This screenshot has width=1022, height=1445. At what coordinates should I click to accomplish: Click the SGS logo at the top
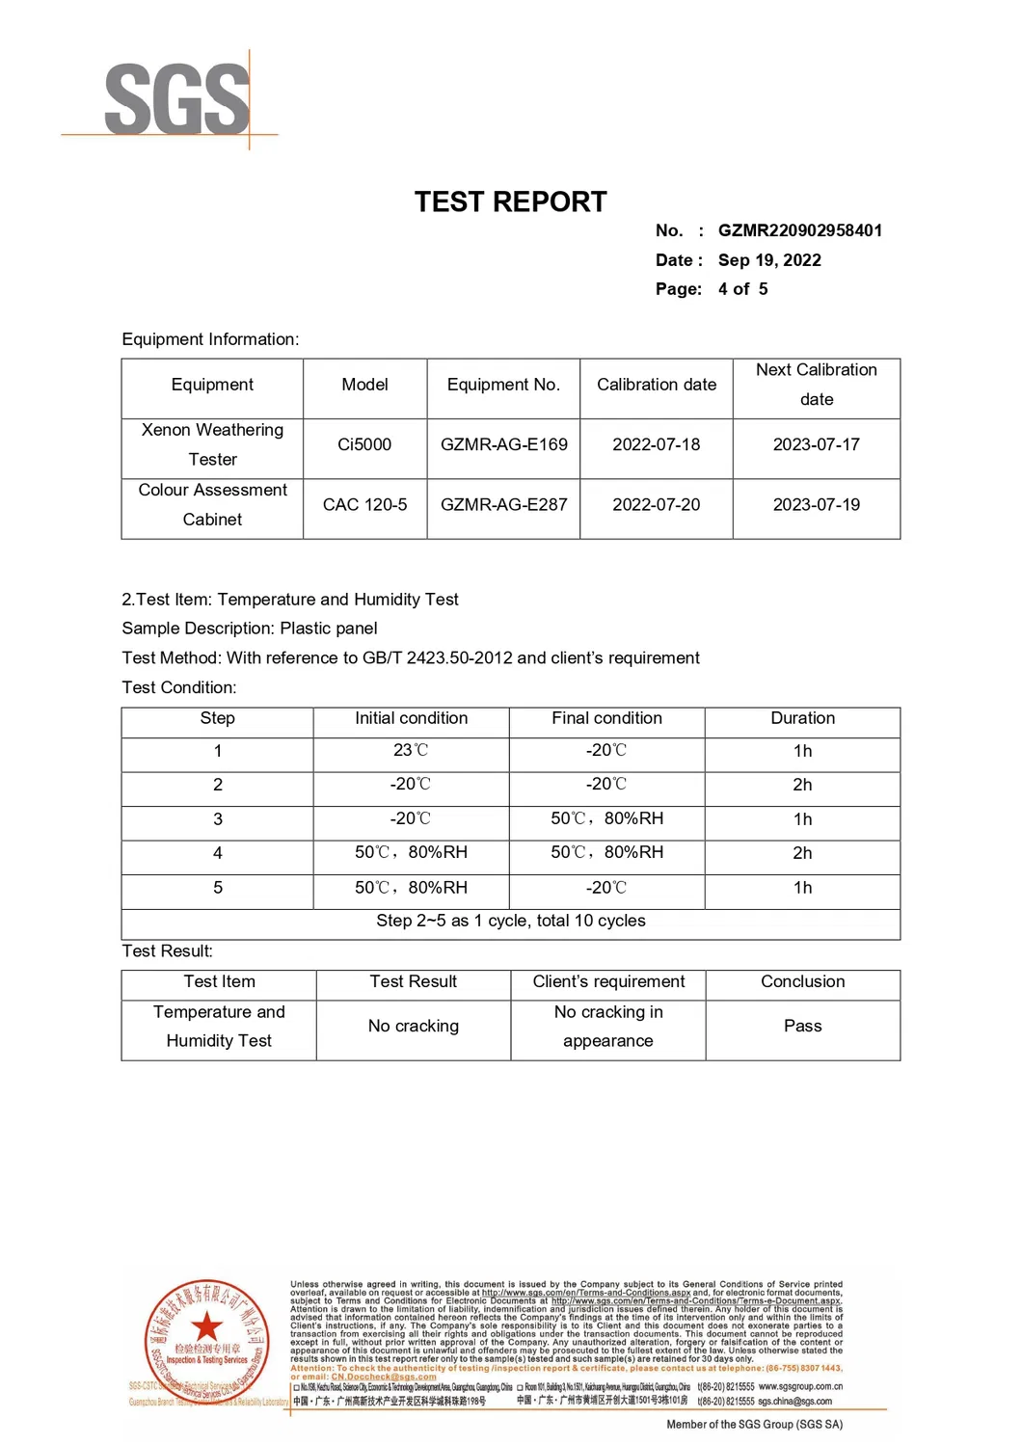[x=176, y=99]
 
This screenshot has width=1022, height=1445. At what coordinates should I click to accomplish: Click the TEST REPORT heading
[x=510, y=201]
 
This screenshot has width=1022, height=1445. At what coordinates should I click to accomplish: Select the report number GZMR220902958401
[x=799, y=230]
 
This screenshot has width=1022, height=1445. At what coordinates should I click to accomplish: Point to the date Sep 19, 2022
[x=769, y=260]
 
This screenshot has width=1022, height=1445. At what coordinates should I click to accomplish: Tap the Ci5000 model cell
[x=364, y=444]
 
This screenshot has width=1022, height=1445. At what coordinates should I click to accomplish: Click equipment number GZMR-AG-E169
[x=503, y=444]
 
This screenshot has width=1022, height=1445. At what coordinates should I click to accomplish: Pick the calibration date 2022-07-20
[x=656, y=504]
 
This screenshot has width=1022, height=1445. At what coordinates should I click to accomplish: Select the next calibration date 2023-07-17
[x=816, y=444]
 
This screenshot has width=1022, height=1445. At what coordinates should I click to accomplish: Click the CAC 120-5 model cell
[x=364, y=504]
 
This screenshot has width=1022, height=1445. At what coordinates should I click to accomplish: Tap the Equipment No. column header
[x=503, y=385]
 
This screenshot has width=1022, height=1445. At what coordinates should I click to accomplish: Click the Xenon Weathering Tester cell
[x=212, y=444]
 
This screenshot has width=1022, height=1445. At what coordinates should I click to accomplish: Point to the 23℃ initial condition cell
[x=411, y=750]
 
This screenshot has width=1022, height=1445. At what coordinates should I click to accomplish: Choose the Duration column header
[x=802, y=718]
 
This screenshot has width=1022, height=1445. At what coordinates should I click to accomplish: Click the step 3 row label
[x=218, y=819]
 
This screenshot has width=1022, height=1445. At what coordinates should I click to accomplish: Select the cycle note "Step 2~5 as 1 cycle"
[x=511, y=921]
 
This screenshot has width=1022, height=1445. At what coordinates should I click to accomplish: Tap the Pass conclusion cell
[x=802, y=1026]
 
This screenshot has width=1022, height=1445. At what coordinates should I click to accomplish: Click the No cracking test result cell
[x=414, y=1026]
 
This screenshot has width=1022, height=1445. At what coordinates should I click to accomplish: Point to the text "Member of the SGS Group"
[x=754, y=1424]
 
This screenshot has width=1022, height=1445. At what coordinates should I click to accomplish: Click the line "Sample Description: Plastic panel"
[x=250, y=629]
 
